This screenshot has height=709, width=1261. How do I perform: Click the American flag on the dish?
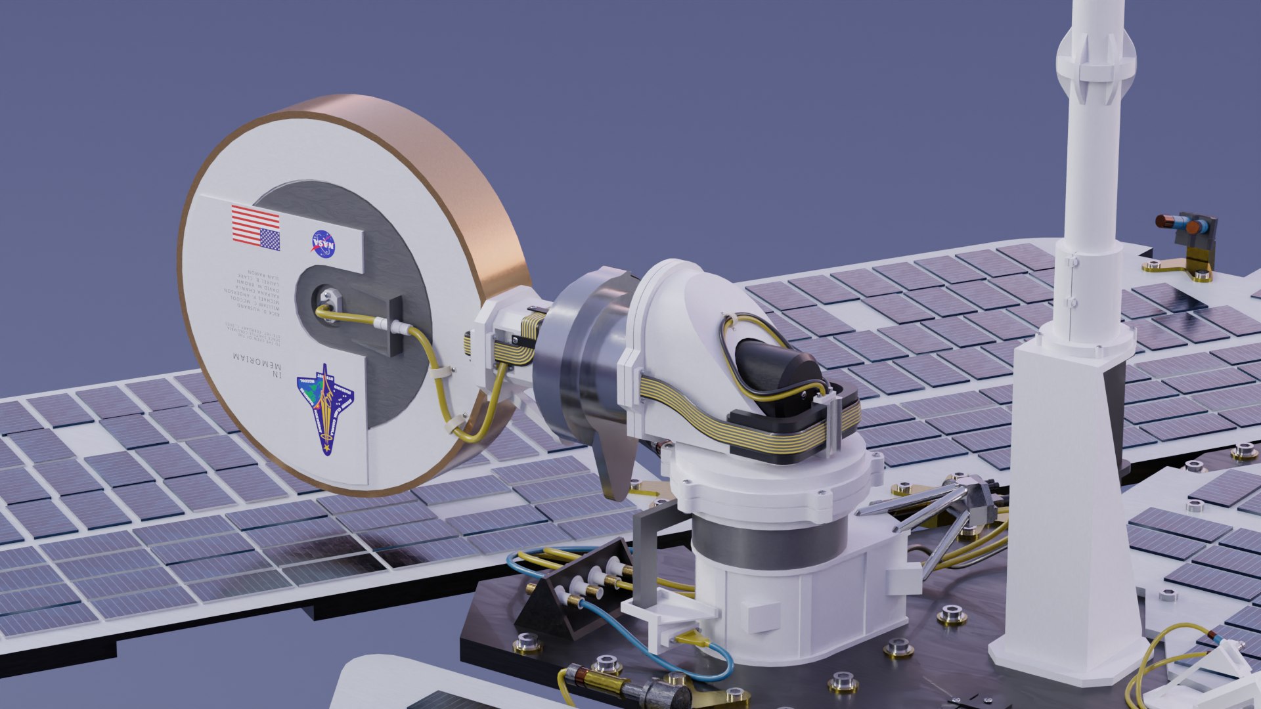click(255, 227)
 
